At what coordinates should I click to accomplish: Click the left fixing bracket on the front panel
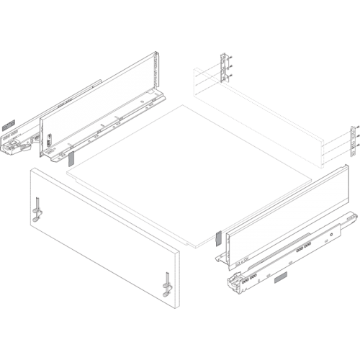(36, 210)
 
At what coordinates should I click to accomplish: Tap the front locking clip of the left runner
(16, 147)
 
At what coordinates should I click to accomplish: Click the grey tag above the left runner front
(9, 122)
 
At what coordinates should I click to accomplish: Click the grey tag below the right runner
(280, 276)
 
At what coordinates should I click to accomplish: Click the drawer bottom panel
(187, 173)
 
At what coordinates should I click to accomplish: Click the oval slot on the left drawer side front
(49, 137)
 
